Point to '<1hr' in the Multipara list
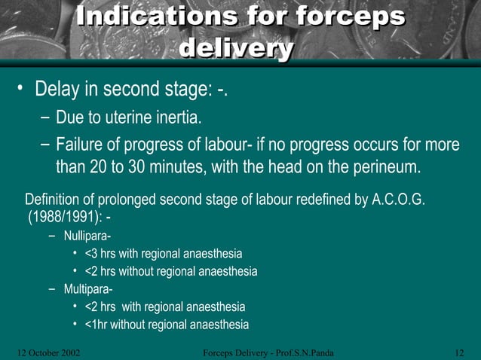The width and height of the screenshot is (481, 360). [98, 325]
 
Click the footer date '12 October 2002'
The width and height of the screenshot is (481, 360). [48, 352]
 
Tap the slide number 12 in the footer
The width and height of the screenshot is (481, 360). [460, 352]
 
